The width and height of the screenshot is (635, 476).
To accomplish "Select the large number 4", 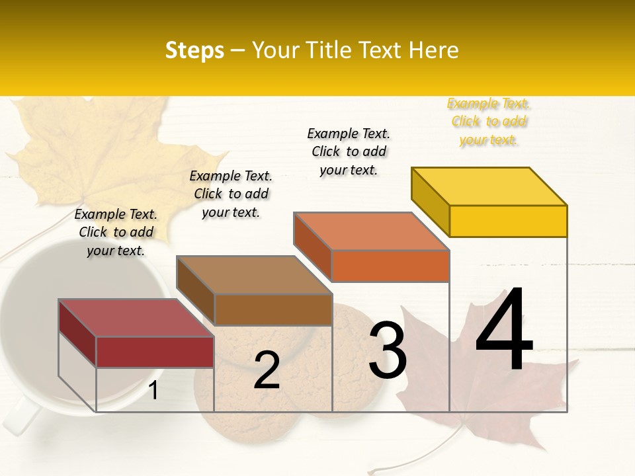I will (x=504, y=332).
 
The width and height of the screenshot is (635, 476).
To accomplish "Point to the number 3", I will (x=388, y=350).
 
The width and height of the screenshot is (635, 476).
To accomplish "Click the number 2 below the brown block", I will (x=267, y=371).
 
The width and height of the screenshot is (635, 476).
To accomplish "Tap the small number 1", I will (x=153, y=391).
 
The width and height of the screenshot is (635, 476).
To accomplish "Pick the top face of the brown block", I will (x=254, y=275).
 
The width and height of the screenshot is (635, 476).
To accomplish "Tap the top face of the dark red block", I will (x=136, y=318).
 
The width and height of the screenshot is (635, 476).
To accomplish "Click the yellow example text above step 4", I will (x=489, y=122).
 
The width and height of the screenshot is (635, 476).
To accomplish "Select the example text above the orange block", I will (x=349, y=151).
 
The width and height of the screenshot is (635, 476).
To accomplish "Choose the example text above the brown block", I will (x=231, y=194).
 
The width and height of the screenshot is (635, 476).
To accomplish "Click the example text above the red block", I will (x=116, y=232).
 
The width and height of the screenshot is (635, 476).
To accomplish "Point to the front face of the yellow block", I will (x=508, y=221).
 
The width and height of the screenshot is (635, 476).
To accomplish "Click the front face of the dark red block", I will (x=155, y=352).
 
